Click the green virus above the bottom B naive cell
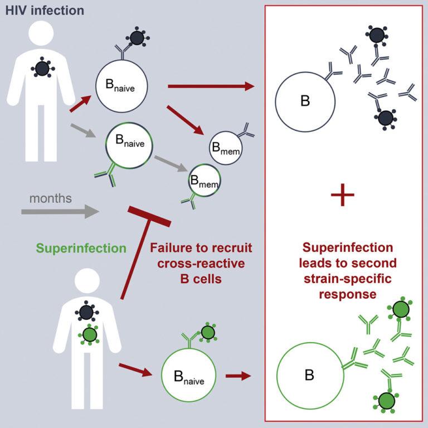[x=208, y=332]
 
